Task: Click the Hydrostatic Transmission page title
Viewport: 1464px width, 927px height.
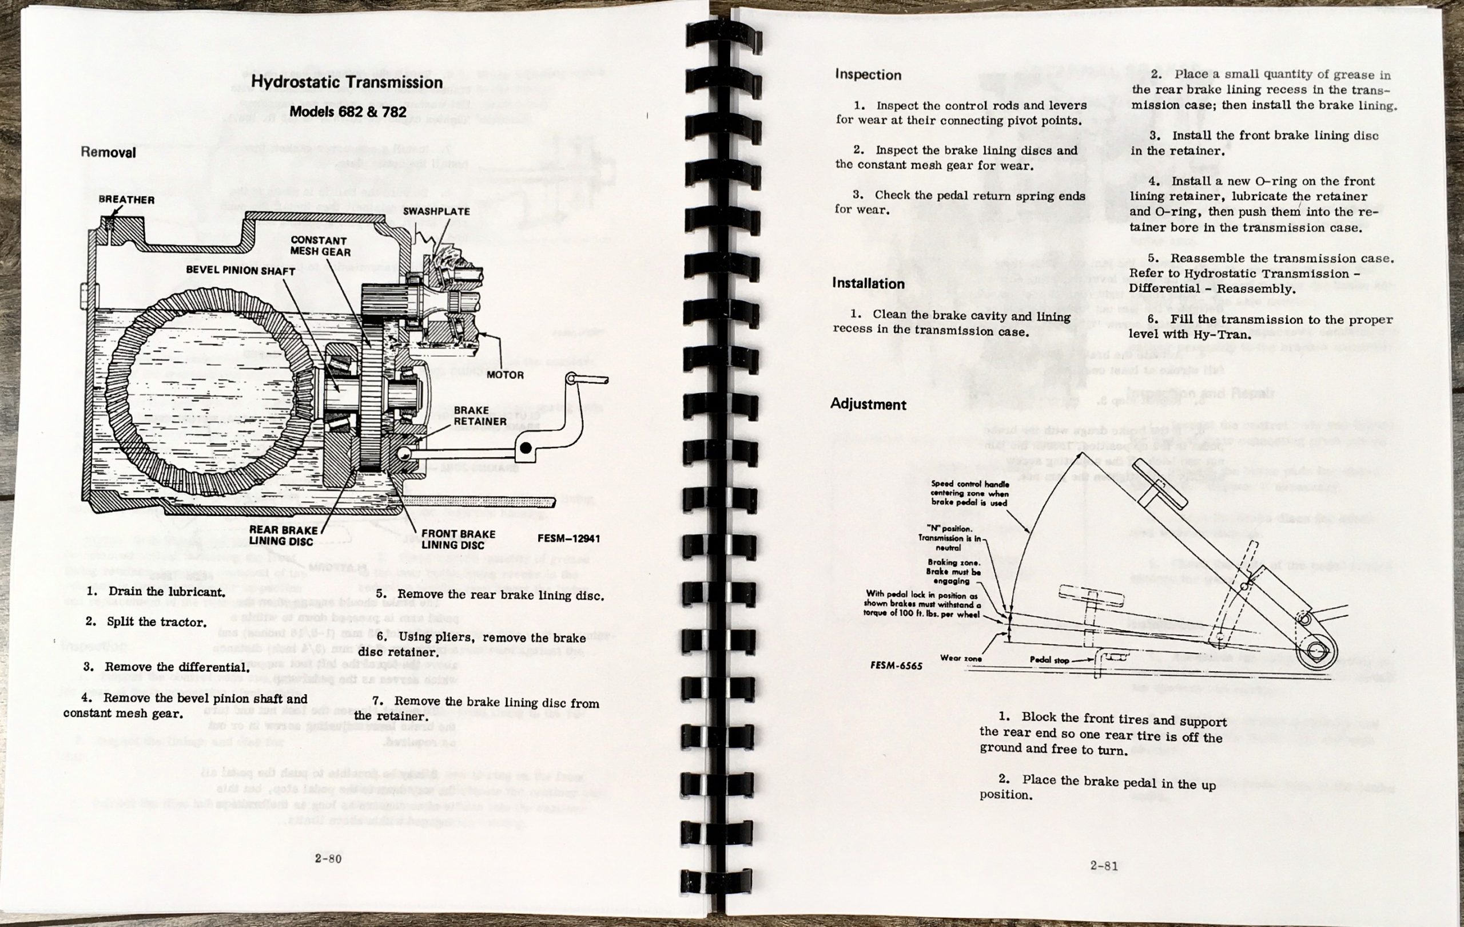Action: point(347,82)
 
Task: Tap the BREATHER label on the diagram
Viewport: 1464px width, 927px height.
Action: point(126,200)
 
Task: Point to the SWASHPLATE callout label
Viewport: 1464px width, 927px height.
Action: point(436,211)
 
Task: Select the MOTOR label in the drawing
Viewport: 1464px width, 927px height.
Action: point(504,375)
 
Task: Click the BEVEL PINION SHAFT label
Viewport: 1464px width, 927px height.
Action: point(240,270)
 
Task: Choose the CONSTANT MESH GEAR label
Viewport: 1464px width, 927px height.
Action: point(320,247)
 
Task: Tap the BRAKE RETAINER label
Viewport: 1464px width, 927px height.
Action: point(480,415)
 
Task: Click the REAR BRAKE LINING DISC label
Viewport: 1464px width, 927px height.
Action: point(283,535)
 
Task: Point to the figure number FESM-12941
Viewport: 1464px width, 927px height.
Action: point(568,538)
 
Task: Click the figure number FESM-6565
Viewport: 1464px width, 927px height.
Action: point(896,665)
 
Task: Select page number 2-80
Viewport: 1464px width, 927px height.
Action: point(328,859)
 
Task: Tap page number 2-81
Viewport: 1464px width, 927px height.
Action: point(1104,866)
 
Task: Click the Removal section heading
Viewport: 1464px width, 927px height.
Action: point(108,152)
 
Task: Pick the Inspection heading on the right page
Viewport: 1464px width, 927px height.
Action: point(868,74)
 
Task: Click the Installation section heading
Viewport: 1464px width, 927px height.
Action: point(868,283)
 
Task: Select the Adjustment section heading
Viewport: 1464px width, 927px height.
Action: point(868,404)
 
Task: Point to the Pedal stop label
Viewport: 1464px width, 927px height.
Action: point(1049,659)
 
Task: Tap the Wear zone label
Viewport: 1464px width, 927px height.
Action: point(961,658)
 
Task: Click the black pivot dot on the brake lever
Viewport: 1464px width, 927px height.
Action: point(526,448)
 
